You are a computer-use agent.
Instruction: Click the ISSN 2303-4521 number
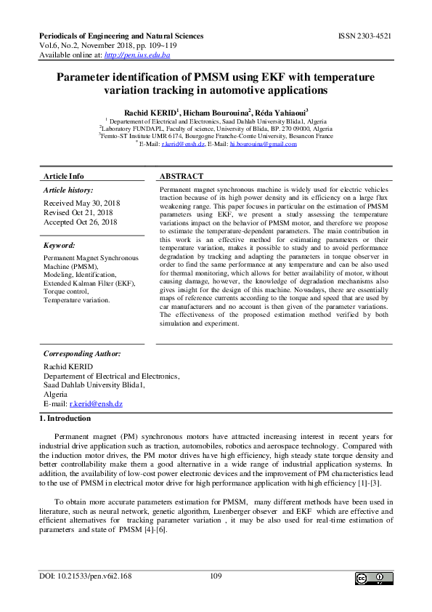365,36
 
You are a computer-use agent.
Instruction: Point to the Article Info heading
64,176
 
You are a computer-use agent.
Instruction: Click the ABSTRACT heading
182,176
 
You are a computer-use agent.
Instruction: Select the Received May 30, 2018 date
82,203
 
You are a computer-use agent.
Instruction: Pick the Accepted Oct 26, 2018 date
81,222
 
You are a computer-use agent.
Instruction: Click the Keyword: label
61,246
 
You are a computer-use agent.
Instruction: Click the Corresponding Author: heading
82,353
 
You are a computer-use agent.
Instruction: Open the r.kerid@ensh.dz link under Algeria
95,403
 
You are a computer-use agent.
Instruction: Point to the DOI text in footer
85,576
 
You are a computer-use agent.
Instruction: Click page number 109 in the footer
216,576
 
